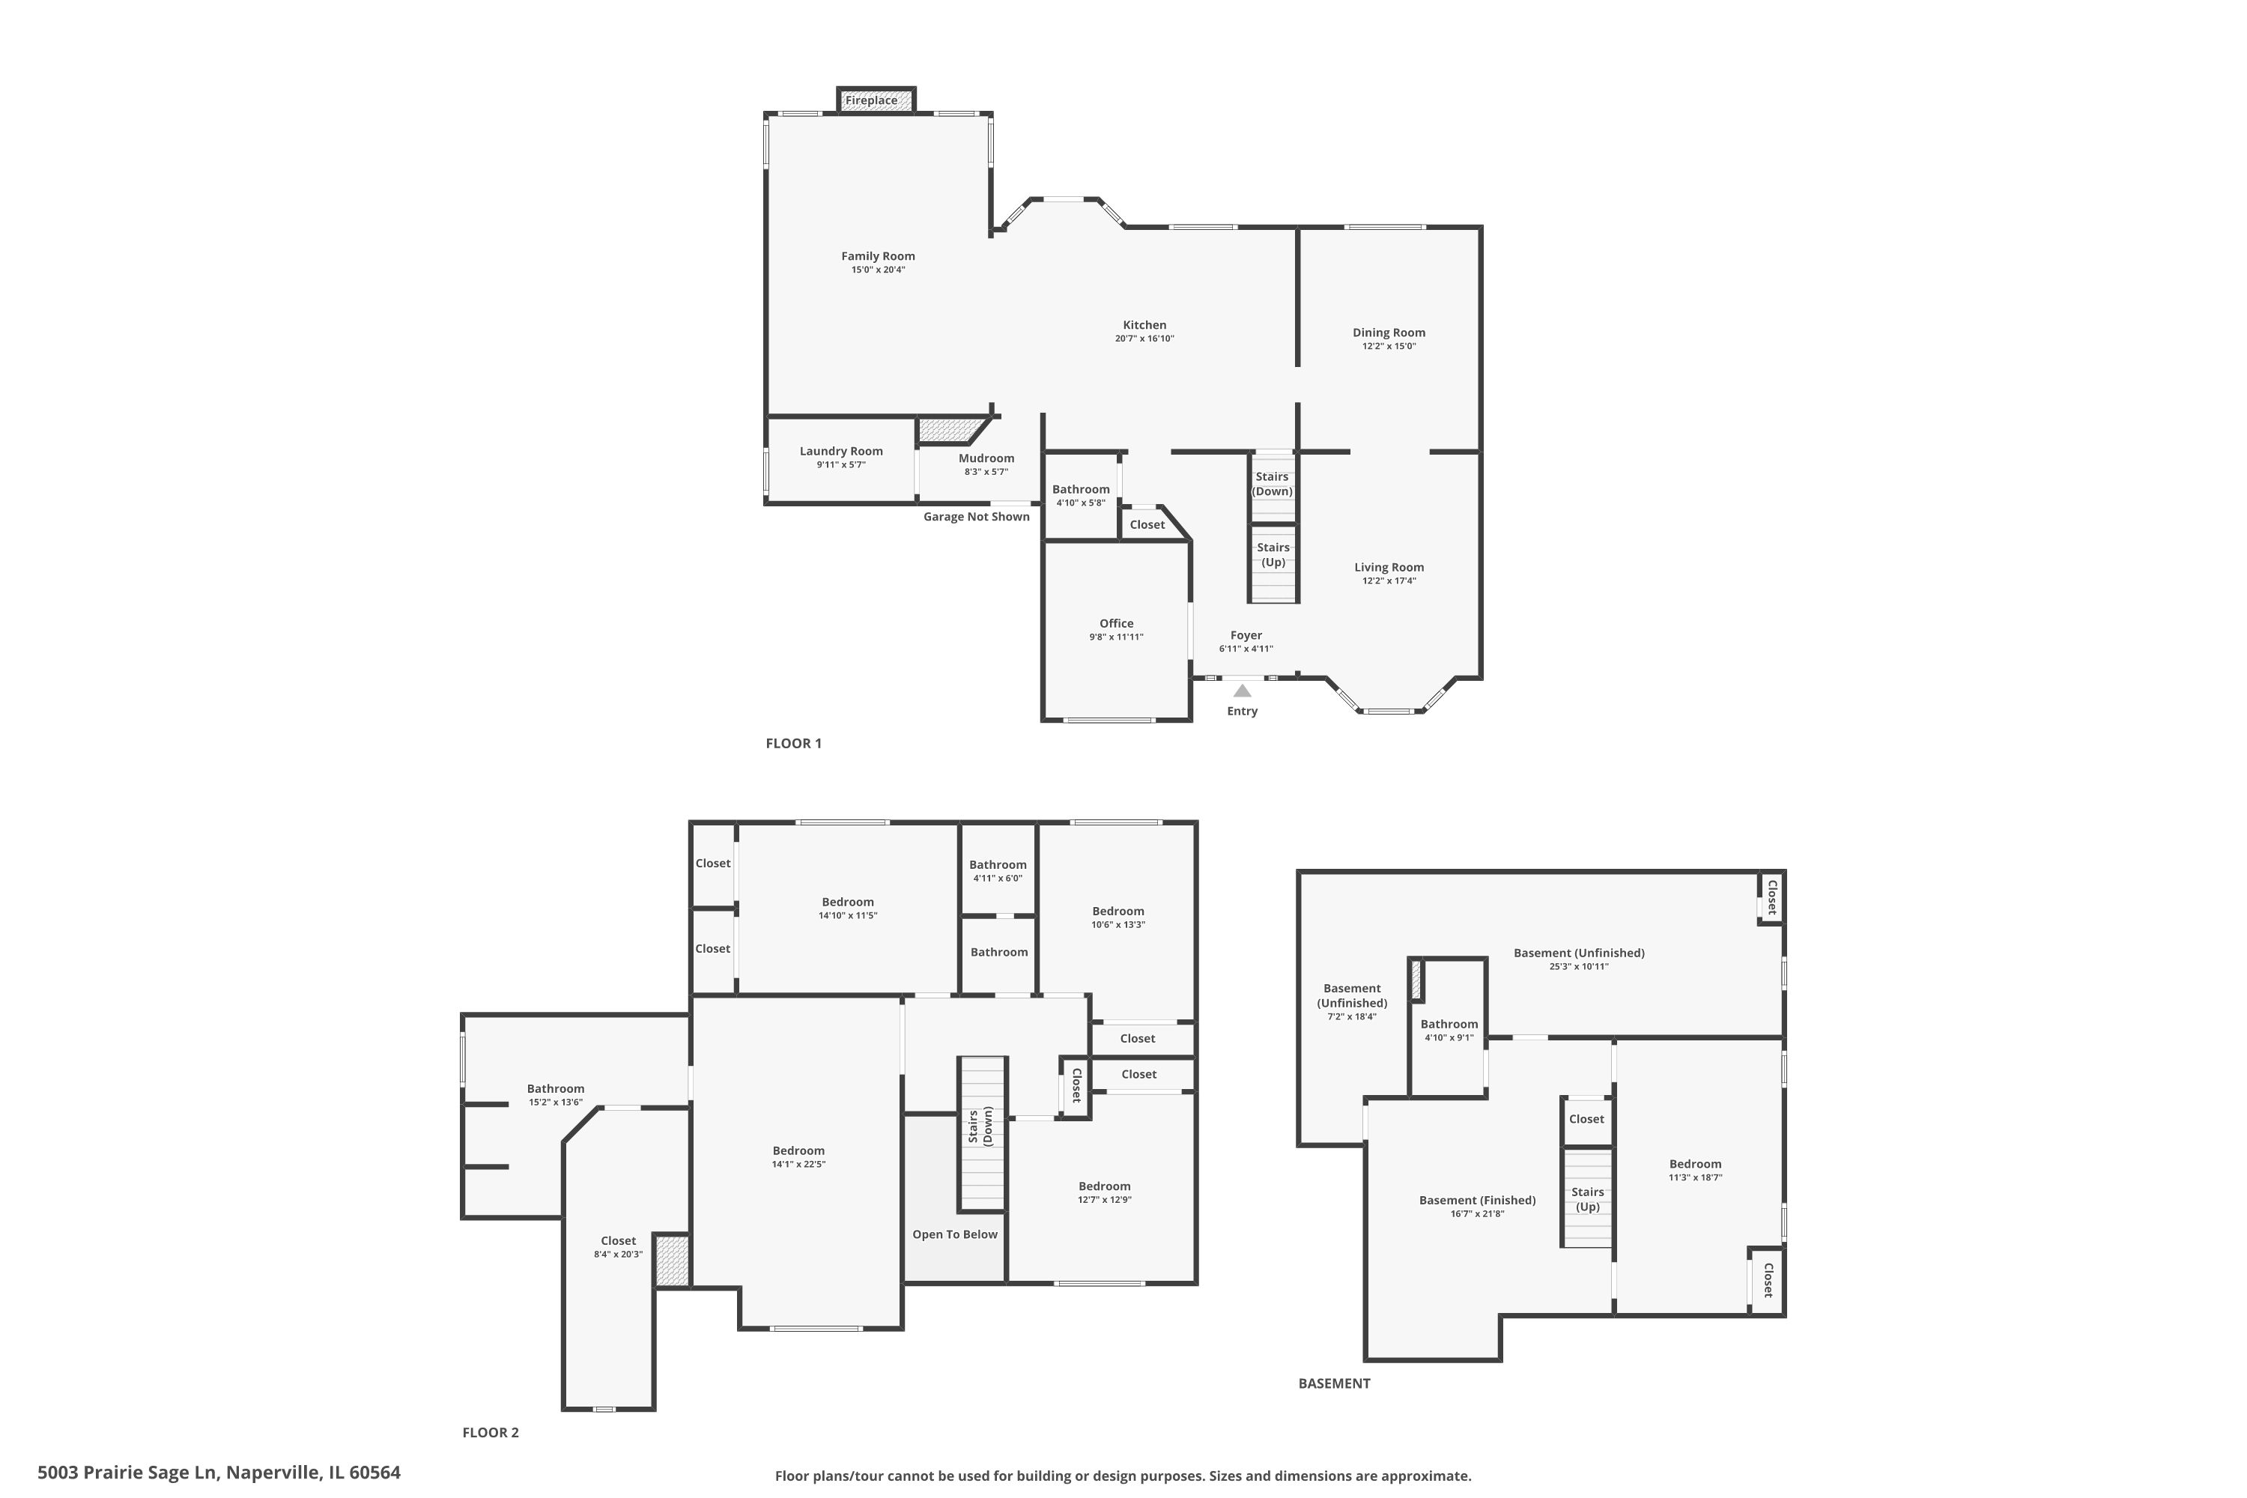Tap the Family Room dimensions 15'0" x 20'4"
coord(878,270)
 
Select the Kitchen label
coord(1144,325)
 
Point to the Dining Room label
coord(1389,333)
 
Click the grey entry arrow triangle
coord(1242,691)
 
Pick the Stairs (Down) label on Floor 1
coord(1273,483)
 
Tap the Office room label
coord(1116,623)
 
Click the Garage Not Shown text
coord(977,517)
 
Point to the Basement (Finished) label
coord(1477,1200)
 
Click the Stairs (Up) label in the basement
coord(1587,1199)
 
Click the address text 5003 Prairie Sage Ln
coord(128,1473)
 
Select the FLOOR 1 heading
coord(793,743)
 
